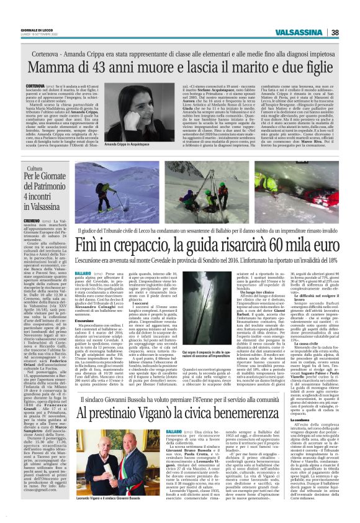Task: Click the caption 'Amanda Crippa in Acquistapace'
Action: click(x=127, y=143)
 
